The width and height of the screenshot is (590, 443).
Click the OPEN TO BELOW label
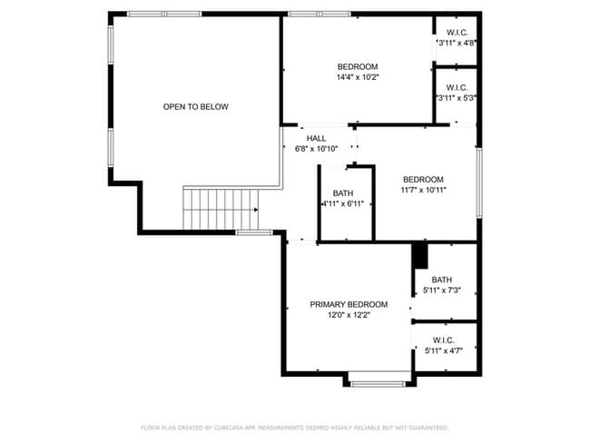tap(195, 107)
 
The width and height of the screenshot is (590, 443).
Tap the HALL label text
tap(316, 138)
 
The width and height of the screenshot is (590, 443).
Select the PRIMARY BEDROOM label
tap(349, 304)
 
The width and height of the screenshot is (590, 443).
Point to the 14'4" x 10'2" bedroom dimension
tap(358, 78)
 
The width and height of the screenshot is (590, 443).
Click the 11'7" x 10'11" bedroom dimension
tap(423, 191)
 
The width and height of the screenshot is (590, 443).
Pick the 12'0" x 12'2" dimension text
tap(349, 315)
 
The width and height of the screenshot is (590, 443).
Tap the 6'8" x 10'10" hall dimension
tap(316, 149)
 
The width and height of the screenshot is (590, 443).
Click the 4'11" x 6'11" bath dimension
tap(343, 204)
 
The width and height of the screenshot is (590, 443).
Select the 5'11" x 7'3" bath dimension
tap(442, 290)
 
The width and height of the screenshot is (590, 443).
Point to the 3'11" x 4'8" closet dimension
tap(457, 42)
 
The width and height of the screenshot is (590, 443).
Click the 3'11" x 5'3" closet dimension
tap(457, 98)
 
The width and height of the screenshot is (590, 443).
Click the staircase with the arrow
tap(221, 209)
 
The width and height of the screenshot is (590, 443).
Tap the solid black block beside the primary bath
tap(419, 255)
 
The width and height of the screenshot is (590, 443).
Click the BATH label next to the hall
tap(343, 193)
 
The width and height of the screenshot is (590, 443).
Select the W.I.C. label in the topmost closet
tap(457, 31)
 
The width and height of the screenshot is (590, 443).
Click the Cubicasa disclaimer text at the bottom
tap(294, 427)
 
